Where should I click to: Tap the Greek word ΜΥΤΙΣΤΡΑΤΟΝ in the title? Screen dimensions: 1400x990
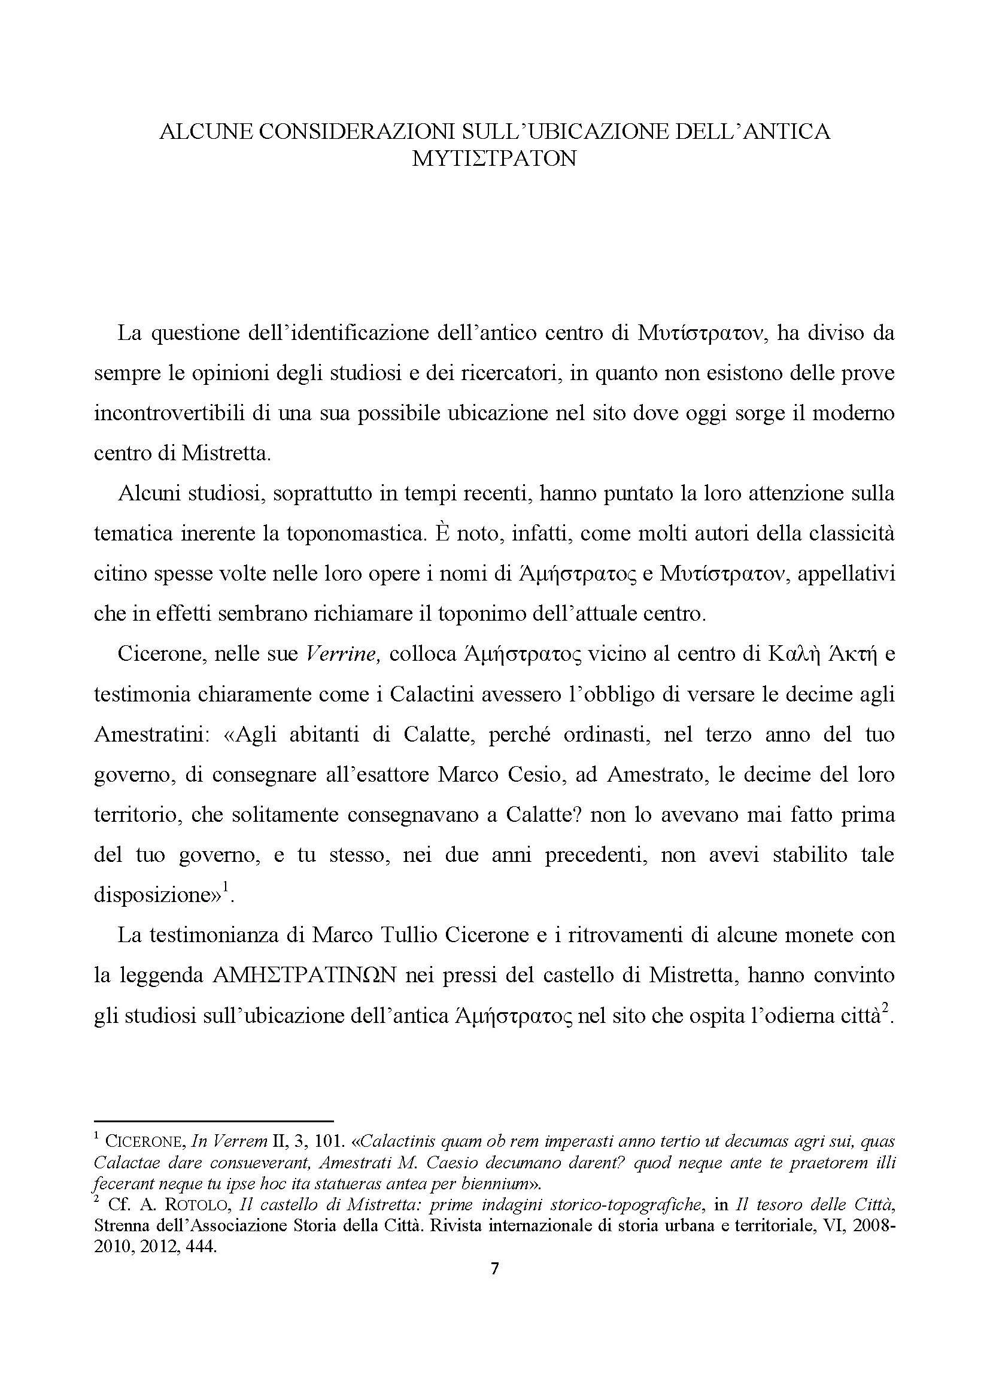point(494,159)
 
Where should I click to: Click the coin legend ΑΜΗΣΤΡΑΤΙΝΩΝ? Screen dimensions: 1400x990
point(306,976)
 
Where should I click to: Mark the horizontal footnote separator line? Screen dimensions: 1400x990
point(213,1120)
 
